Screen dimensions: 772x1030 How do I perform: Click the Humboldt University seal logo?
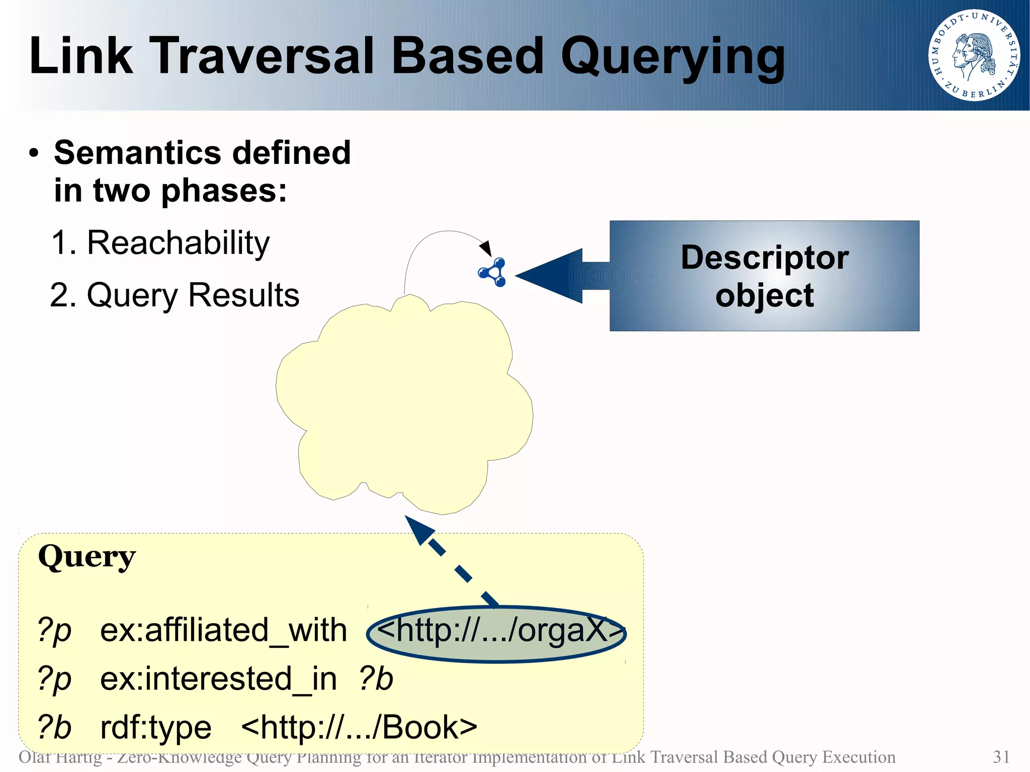tap(974, 55)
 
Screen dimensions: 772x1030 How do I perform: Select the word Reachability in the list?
tap(178, 243)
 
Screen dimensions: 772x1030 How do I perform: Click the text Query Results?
tap(193, 295)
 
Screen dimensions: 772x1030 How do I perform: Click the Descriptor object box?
tap(764, 276)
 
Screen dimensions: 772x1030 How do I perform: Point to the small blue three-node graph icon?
tap(493, 272)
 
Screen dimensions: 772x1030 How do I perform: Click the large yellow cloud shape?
tap(402, 402)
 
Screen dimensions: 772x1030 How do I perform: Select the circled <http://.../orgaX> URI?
tap(496, 632)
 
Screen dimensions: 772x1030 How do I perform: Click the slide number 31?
tap(1001, 757)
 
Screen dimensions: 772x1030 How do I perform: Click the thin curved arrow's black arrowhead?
tap(485, 248)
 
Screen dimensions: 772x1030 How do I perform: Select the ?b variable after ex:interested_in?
tap(376, 679)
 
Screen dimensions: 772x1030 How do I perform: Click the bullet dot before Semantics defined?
tap(34, 153)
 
